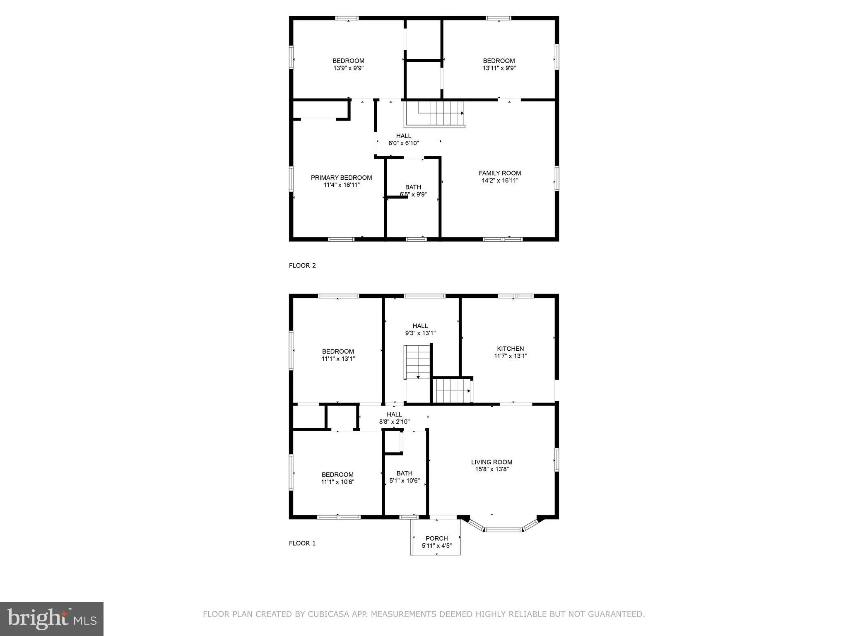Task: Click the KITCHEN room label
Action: click(510, 349)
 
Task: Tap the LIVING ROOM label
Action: click(491, 462)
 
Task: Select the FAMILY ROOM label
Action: click(500, 173)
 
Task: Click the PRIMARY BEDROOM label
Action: click(341, 178)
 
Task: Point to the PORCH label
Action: click(436, 538)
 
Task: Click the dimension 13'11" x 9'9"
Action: click(499, 68)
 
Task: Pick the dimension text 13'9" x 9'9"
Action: click(348, 68)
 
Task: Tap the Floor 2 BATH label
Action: click(413, 187)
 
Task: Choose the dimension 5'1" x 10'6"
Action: click(405, 481)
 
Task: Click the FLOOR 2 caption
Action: click(302, 265)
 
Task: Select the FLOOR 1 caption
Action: click(302, 543)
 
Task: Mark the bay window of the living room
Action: click(503, 529)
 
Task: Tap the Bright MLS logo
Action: click(52, 619)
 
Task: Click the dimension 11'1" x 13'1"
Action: click(338, 359)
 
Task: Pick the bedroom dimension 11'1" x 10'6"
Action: click(337, 482)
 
